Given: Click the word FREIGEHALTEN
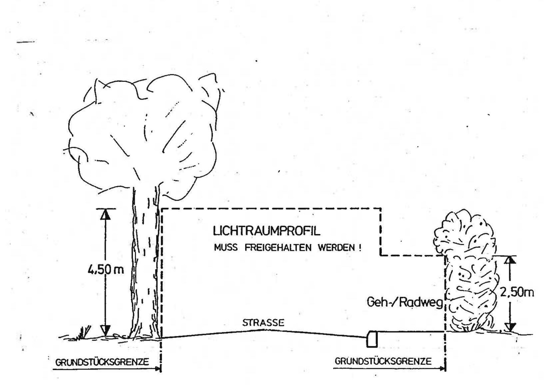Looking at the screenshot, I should point(287,247).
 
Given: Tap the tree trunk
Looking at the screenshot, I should point(144,264).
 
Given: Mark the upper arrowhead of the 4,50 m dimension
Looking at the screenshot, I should point(104,213).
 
